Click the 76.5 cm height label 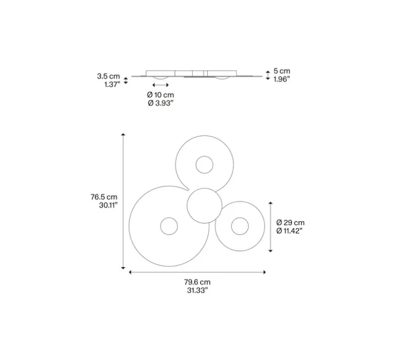(104, 196)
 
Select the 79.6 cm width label (197, 282)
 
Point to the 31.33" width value (197, 291)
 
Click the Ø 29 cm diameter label (290, 222)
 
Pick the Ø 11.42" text (290, 231)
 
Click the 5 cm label (282, 71)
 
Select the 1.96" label (282, 79)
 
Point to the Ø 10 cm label (160, 95)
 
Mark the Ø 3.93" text (160, 103)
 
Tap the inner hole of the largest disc (169, 226)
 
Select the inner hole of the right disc (239, 226)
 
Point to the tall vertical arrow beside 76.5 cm (124, 201)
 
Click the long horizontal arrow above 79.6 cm (197, 272)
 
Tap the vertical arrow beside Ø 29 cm (271, 227)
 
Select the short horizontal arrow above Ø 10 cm (160, 85)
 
